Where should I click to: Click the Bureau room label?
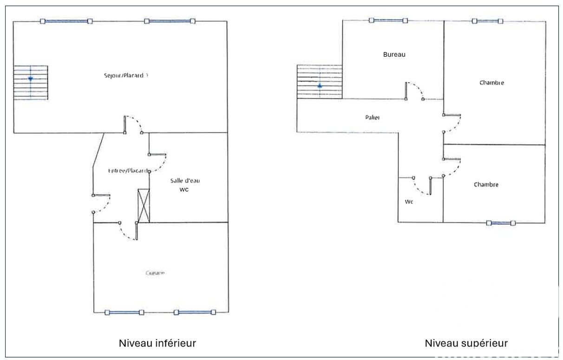[394, 54]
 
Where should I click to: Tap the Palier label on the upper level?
[372, 118]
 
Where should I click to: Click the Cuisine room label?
[155, 273]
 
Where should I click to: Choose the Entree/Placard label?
[129, 170]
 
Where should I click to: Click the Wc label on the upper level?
[409, 202]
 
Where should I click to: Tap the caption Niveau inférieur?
[157, 343]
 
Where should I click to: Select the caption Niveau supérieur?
[466, 343]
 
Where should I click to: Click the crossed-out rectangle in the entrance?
[144, 205]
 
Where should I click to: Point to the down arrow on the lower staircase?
[30, 79]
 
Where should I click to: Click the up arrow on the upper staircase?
[320, 86]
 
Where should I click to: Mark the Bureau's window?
[388, 20]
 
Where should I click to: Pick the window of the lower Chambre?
[501, 223]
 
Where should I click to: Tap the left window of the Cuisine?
[124, 313]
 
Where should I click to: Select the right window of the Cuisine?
[195, 313]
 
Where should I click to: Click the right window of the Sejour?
[169, 21]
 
